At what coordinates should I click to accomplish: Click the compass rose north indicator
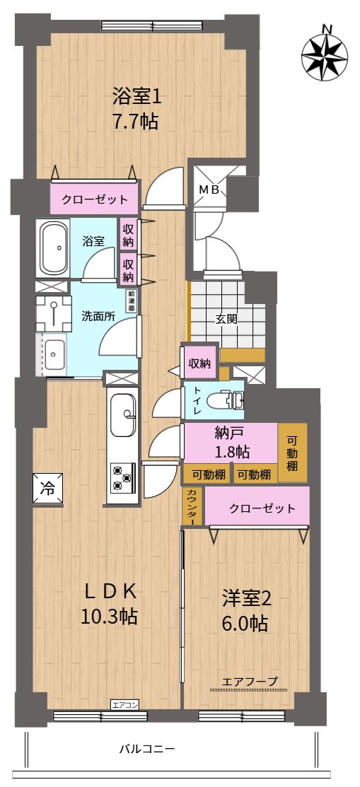(x=325, y=53)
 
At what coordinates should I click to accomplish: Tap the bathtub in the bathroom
(x=54, y=247)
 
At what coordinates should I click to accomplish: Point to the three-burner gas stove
(x=124, y=477)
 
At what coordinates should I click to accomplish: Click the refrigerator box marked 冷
(x=48, y=489)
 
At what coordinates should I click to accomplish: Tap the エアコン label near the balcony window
(x=124, y=704)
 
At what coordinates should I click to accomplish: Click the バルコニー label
(x=147, y=750)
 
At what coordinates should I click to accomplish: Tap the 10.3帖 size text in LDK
(x=110, y=616)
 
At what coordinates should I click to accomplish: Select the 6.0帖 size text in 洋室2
(x=245, y=624)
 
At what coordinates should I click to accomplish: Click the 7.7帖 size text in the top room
(x=136, y=121)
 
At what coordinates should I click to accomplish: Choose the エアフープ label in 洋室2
(x=250, y=681)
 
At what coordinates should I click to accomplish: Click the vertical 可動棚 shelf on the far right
(x=292, y=453)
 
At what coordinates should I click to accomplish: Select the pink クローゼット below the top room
(x=94, y=199)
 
